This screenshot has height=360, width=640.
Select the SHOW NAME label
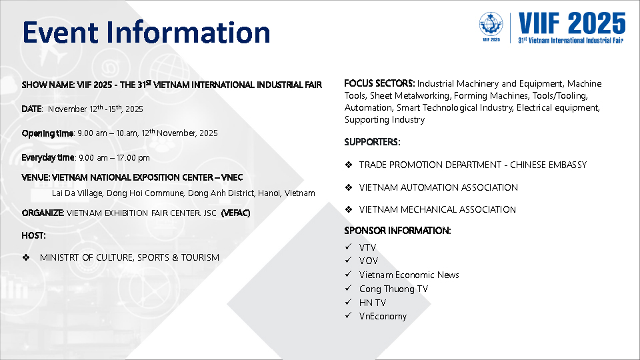[48, 85]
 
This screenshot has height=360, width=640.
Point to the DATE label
[32, 109]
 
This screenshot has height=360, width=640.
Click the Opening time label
[47, 133]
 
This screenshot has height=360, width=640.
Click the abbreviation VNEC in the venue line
[232, 177]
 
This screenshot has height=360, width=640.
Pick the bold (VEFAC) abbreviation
[235, 213]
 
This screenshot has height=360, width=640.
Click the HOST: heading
[33, 235]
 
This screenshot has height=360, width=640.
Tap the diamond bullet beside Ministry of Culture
[26, 257]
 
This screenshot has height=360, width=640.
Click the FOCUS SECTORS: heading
[379, 83]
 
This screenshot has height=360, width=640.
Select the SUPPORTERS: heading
[372, 142]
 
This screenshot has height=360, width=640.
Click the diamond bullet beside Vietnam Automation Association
[349, 187]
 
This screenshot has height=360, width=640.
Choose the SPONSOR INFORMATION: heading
[397, 231]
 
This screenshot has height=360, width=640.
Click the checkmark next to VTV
[348, 247]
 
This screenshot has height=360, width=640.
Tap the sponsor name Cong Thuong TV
[393, 289]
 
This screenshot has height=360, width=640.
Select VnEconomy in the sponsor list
[383, 316]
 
